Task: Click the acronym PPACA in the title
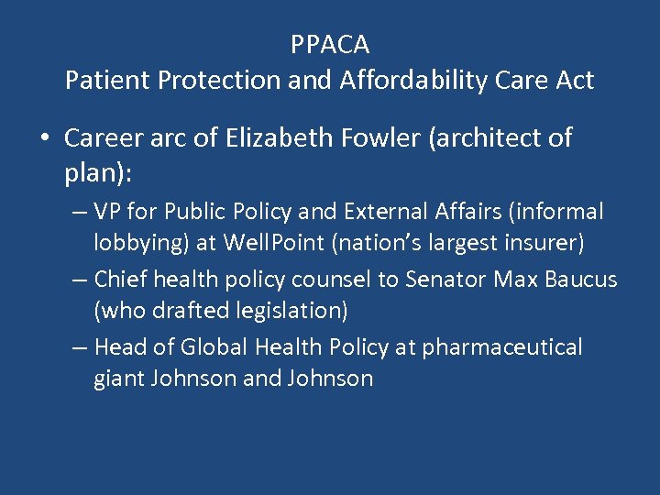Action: click(x=330, y=44)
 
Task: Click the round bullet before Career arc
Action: click(x=44, y=139)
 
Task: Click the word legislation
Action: click(x=279, y=311)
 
